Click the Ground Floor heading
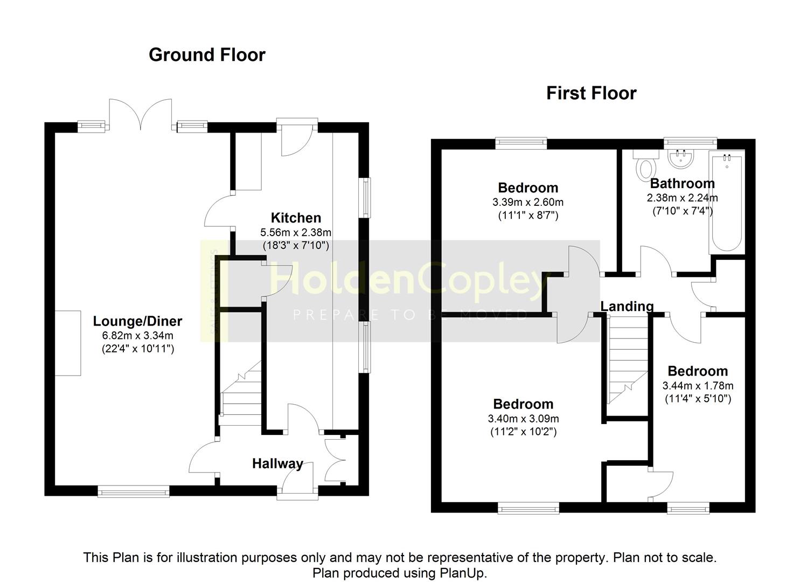[x=207, y=55]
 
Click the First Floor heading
[x=592, y=94]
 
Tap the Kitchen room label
[x=296, y=218]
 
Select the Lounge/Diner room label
[x=137, y=321]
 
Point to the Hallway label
[x=277, y=464]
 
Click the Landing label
[x=627, y=306]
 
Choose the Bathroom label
[x=682, y=183]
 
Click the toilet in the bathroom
[x=646, y=166]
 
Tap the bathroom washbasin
[x=681, y=159]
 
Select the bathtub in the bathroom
[x=727, y=202]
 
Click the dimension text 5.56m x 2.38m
[x=296, y=233]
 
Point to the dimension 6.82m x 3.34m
[x=137, y=336]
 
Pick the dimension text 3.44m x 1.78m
[x=698, y=386]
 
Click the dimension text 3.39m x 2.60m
[x=528, y=202]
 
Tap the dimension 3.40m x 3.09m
[x=523, y=418]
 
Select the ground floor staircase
[x=240, y=393]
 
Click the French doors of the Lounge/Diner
[x=141, y=114]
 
